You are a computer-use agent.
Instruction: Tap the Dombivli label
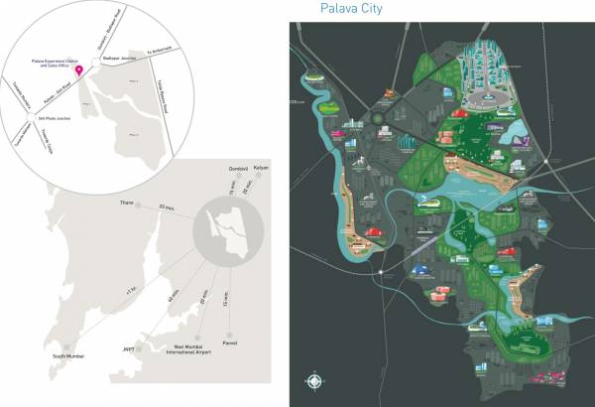click(235, 169)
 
